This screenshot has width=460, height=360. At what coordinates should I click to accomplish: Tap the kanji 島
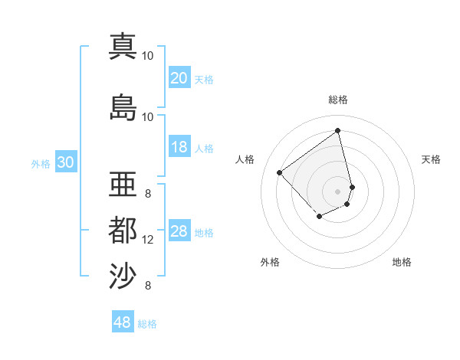(x=123, y=108)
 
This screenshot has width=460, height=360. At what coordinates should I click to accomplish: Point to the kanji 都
(x=123, y=231)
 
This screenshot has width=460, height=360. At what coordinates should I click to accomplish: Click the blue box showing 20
(x=179, y=78)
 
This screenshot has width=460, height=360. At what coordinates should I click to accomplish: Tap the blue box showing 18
(x=179, y=147)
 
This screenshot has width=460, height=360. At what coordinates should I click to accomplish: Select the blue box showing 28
(x=179, y=231)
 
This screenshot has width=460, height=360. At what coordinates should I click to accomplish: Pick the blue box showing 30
(x=65, y=162)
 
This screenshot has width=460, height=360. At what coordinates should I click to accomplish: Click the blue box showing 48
(x=123, y=322)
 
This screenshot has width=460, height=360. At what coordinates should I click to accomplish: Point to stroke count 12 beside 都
(x=148, y=240)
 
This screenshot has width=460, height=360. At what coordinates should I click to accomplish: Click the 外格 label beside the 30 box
(x=41, y=163)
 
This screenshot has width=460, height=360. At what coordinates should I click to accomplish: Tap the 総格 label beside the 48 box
(x=147, y=324)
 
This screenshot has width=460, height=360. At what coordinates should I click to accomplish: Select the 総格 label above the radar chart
(x=338, y=100)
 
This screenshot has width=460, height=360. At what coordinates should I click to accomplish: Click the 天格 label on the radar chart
(x=431, y=159)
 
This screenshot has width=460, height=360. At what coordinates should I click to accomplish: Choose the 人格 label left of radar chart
(x=245, y=159)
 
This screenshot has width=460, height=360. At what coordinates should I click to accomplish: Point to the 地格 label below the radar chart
(x=402, y=262)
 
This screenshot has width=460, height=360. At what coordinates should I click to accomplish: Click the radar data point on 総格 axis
(x=338, y=130)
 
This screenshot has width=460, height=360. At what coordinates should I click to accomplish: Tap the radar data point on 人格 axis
(x=280, y=173)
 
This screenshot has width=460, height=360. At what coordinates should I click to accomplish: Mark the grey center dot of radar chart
(x=338, y=191)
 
